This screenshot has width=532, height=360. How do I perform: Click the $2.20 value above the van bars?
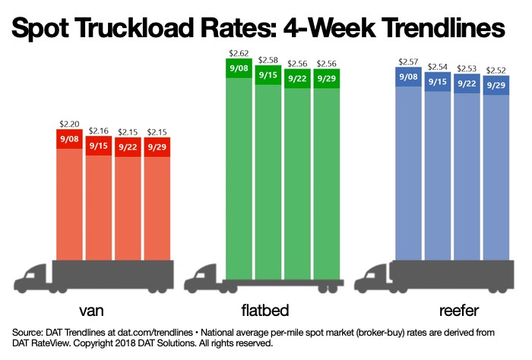pyautogui.click(x=69, y=123)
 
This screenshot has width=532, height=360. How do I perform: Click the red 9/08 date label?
pyautogui.click(x=69, y=139)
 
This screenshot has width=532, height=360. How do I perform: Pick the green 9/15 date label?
pyautogui.click(x=268, y=74)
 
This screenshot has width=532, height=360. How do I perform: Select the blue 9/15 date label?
pyautogui.click(x=438, y=81)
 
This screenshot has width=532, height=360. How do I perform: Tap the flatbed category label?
pyautogui.click(x=263, y=311)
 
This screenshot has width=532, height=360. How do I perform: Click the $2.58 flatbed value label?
pyautogui.click(x=268, y=58)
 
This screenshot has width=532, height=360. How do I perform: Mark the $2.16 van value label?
pyautogui.click(x=99, y=131)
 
